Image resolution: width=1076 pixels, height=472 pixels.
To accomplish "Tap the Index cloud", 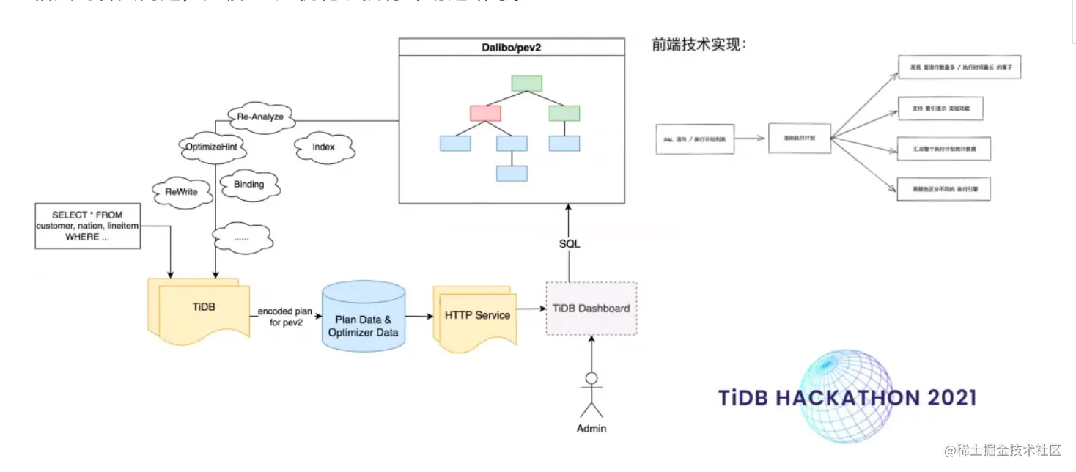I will tap(323, 147).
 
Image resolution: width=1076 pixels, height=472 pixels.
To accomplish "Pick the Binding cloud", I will tap(248, 184).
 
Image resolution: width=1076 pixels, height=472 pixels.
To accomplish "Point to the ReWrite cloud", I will tap(182, 192).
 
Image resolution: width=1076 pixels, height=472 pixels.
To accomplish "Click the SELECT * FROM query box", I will tap(87, 226).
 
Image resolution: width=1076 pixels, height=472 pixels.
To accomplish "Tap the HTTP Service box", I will tap(476, 316).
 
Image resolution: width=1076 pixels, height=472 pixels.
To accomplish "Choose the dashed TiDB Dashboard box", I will tap(591, 309).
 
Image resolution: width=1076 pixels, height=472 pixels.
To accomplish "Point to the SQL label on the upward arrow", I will tap(569, 243).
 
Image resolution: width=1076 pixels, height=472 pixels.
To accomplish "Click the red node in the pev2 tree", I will tap(485, 114).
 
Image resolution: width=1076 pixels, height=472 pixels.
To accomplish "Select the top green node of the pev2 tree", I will tap(526, 83).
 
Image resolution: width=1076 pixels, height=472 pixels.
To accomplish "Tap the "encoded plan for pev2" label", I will tap(285, 317).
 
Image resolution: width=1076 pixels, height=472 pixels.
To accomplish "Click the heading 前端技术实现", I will tap(699, 45).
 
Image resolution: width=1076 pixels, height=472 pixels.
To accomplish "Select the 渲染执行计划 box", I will tap(799, 138).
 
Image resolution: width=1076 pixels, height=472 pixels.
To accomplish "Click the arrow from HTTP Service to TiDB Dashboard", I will tap(531, 309).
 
